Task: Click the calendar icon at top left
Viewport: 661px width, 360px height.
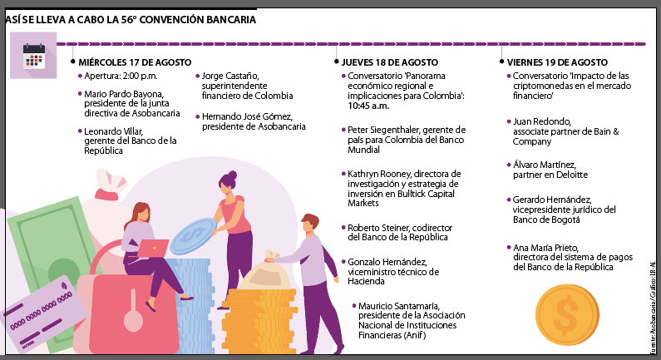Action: coord(34,55)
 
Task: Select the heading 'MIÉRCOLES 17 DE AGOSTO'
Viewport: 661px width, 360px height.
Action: coord(135,62)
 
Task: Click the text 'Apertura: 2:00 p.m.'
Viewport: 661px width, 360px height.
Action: coord(121,76)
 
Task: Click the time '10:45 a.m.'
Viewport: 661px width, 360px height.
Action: coord(369,106)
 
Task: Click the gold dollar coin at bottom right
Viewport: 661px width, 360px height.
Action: coord(568,315)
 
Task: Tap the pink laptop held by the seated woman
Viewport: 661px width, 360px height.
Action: coord(154,247)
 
